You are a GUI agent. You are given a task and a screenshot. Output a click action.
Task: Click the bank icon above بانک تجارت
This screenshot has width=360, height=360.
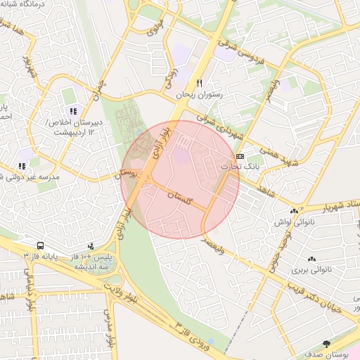[240, 155]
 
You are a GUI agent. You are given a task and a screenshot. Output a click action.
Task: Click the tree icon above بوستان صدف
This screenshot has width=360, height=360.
[326, 343]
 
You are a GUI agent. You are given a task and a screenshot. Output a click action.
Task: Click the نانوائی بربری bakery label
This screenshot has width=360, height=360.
[311, 270]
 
